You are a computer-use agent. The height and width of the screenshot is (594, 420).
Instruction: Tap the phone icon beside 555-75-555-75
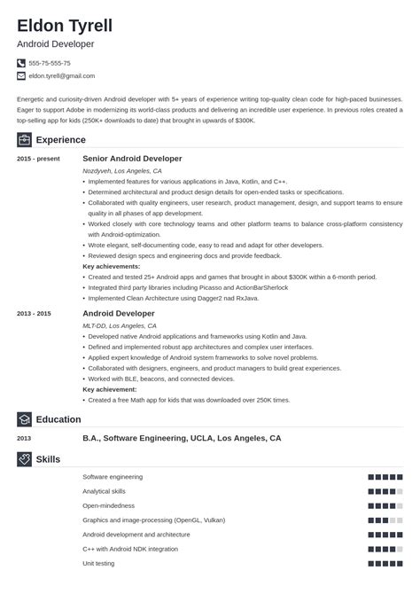click(x=21, y=63)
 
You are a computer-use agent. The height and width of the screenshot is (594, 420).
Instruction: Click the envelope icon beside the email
click(x=21, y=76)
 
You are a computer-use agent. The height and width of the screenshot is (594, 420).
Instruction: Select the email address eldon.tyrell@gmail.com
click(x=63, y=76)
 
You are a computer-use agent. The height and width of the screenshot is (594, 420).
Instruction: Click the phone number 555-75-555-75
click(x=50, y=63)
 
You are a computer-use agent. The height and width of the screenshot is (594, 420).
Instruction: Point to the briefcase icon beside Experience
click(x=24, y=139)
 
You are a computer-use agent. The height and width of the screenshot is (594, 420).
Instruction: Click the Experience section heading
click(x=61, y=139)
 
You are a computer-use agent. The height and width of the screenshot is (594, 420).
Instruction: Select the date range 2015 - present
click(x=37, y=158)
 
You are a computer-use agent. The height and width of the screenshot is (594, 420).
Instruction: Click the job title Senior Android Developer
click(x=132, y=158)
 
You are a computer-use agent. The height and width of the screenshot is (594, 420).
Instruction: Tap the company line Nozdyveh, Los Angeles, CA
click(x=122, y=170)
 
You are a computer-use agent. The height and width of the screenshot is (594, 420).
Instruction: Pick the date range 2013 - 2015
click(x=35, y=313)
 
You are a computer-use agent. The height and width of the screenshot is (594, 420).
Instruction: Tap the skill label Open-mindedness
click(x=109, y=504)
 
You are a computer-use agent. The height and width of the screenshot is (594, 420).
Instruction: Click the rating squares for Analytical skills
click(x=385, y=491)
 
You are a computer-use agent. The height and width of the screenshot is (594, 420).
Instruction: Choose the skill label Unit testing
click(x=99, y=562)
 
